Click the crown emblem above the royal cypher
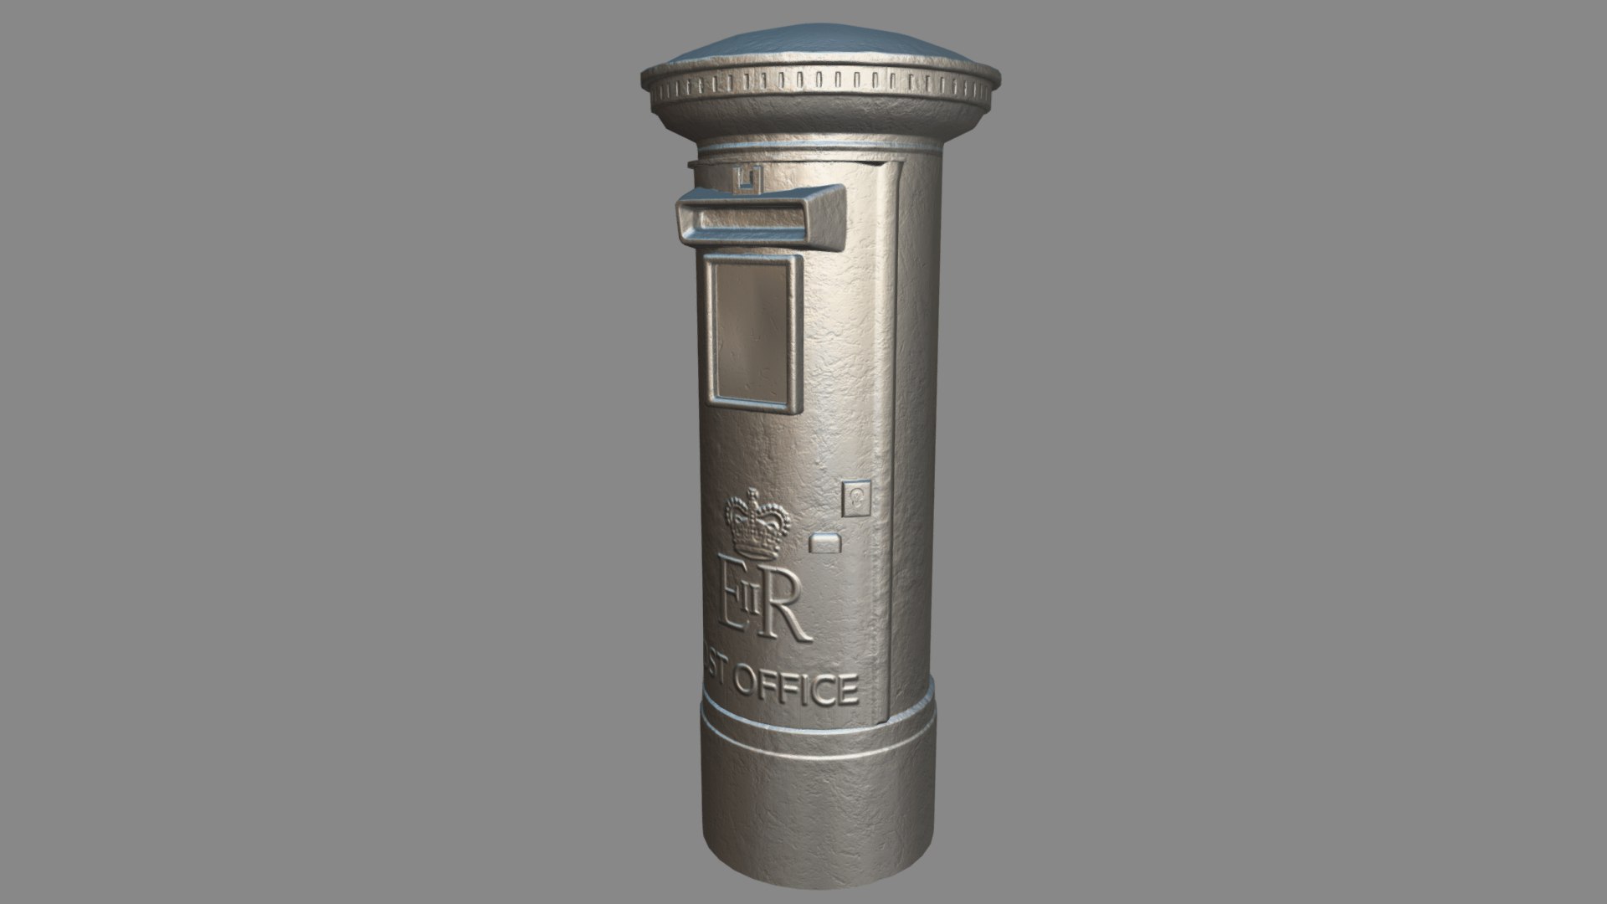coord(757,525)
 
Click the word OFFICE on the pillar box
coord(795,687)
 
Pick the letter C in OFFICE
coord(821,690)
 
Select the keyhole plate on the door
coord(856,496)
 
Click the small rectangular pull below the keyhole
coord(827,543)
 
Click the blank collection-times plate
coord(751,333)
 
